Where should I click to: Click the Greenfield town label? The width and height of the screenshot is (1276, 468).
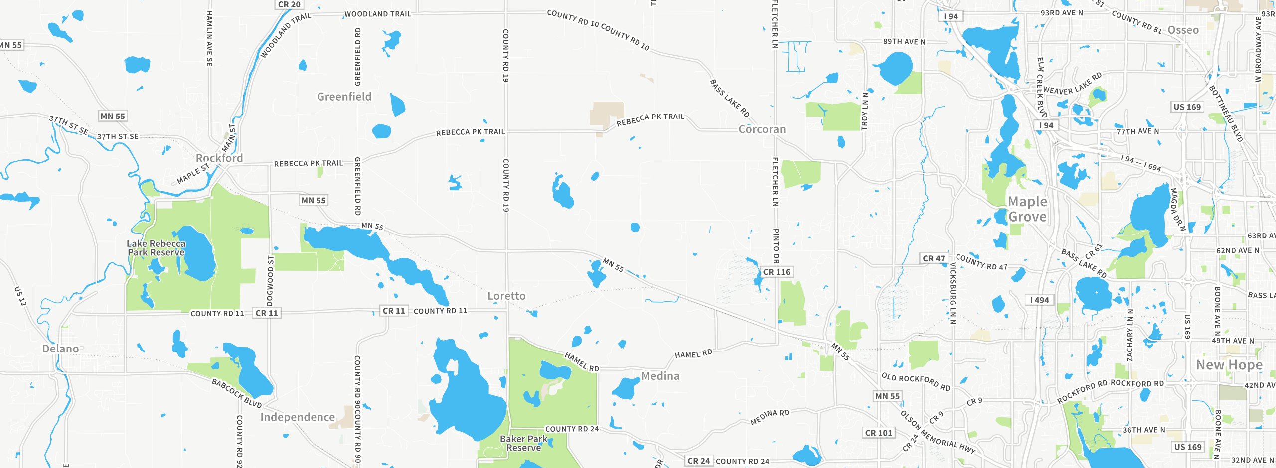(x=344, y=97)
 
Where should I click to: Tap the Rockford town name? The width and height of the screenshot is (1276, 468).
(x=219, y=158)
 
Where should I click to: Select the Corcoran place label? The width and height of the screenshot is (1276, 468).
(x=762, y=129)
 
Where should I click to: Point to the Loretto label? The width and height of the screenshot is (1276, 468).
(x=506, y=296)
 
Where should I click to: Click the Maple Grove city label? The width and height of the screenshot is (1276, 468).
(x=1027, y=209)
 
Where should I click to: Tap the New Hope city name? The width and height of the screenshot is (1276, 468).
(x=1229, y=365)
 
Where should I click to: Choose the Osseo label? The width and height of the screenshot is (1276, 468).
(x=1183, y=30)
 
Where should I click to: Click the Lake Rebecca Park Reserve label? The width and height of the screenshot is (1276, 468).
(x=156, y=248)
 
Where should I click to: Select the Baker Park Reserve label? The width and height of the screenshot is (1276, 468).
(x=523, y=443)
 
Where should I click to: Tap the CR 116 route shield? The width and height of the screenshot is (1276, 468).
(x=777, y=272)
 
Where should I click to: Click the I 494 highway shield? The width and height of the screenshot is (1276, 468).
(x=1039, y=300)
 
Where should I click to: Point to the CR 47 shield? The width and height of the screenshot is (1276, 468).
(x=934, y=259)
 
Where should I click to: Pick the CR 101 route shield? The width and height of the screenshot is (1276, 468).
(x=879, y=433)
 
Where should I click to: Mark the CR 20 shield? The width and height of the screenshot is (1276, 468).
(x=289, y=5)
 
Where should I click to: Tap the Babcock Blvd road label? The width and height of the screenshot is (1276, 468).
(x=237, y=393)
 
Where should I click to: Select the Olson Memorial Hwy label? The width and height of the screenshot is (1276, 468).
(x=937, y=433)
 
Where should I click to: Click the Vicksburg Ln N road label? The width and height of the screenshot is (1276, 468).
(x=953, y=294)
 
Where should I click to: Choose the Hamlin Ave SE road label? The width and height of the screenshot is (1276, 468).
(x=209, y=38)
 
